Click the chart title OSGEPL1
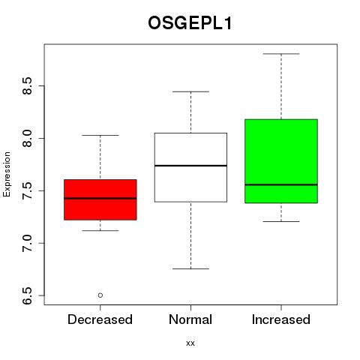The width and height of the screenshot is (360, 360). click(x=190, y=23)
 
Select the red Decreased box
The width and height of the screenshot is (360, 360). click(x=100, y=199)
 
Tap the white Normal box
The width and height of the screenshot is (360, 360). click(x=190, y=167)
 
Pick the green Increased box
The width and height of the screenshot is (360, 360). click(x=281, y=161)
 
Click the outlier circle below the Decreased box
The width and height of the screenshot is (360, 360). click(x=100, y=295)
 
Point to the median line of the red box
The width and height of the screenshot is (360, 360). click(x=100, y=198)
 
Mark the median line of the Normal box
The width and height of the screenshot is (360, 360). click(x=190, y=166)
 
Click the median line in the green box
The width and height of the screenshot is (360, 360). click(x=281, y=184)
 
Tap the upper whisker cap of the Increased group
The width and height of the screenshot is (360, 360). click(x=281, y=54)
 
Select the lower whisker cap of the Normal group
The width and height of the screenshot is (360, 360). click(x=190, y=268)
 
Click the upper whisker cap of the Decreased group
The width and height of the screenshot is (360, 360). click(x=100, y=135)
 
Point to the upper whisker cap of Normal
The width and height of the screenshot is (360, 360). click(x=190, y=91)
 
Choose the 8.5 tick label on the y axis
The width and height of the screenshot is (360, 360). click(x=27, y=85)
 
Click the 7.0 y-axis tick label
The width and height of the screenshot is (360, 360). click(x=27, y=243)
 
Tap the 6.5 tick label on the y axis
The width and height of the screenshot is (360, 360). click(x=27, y=295)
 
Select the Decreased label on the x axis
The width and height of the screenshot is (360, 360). click(x=100, y=319)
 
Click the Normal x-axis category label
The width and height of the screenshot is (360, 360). click(x=190, y=319)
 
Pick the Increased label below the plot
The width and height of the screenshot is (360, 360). click(x=281, y=319)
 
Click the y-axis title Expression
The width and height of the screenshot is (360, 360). click(x=7, y=174)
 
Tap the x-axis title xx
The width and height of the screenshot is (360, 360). click(x=190, y=343)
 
